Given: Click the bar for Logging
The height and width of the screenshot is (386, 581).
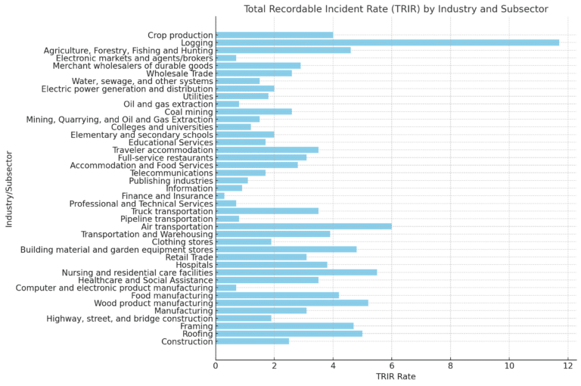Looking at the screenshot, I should [x=387, y=42].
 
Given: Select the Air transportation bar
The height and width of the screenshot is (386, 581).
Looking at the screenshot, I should [x=303, y=226].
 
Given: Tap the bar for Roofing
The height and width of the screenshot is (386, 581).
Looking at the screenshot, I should [x=289, y=333].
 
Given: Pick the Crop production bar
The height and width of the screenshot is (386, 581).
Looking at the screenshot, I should [x=274, y=35].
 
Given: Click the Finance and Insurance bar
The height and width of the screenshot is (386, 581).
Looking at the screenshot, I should [x=220, y=195].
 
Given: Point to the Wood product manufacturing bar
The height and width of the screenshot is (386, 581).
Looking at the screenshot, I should [x=292, y=303].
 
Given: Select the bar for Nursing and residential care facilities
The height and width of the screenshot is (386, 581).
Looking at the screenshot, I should [x=296, y=272].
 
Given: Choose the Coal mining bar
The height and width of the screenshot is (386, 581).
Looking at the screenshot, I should [x=253, y=111].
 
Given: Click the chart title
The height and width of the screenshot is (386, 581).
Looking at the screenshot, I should [x=396, y=9].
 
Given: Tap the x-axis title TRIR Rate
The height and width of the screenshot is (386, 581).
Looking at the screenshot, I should [x=396, y=376].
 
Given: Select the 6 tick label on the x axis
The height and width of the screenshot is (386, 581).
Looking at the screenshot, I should [x=392, y=366].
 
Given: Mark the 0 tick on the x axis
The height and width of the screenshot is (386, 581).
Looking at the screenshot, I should [x=216, y=366].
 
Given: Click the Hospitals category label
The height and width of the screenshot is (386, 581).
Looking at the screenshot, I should [x=194, y=265].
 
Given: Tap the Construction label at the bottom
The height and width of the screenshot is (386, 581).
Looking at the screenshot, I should [x=187, y=341].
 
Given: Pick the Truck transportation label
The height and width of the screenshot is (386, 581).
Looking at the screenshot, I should [x=172, y=211].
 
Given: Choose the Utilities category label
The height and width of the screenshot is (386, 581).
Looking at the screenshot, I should [x=194, y=96].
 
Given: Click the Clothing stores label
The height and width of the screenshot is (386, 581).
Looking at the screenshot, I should [x=182, y=241].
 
